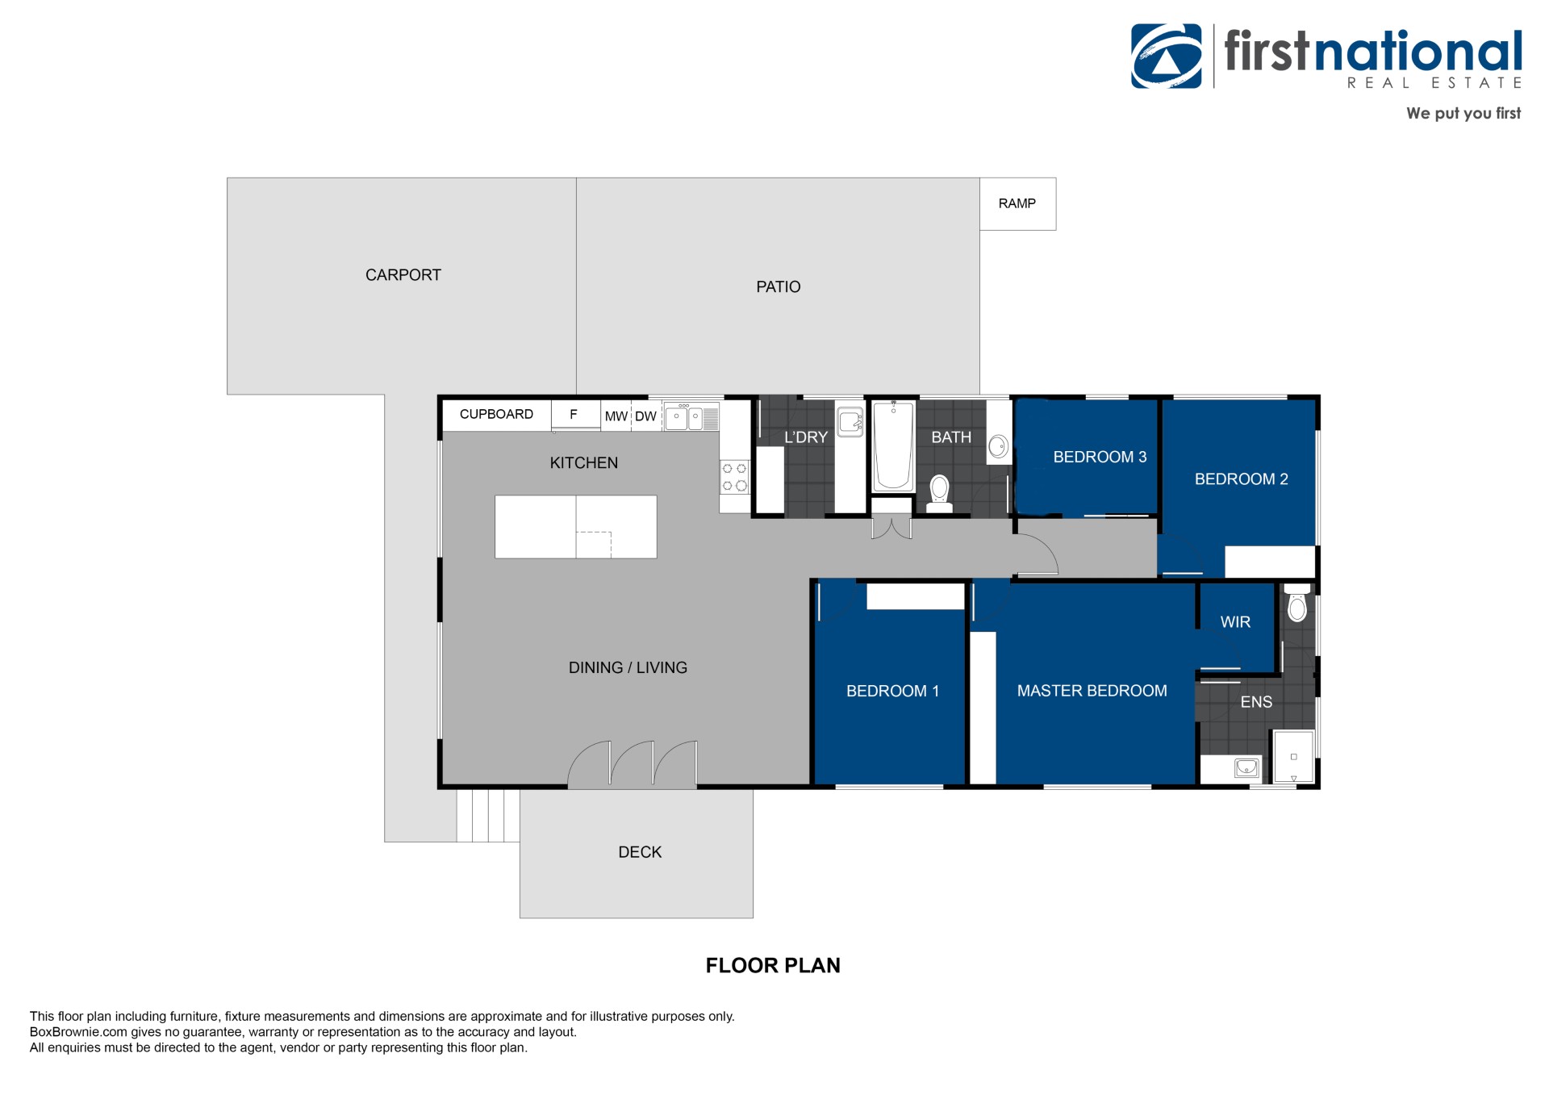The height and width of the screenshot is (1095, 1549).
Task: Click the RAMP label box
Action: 1017,204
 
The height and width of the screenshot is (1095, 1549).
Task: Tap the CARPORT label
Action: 403,275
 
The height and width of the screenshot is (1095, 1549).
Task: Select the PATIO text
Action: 779,287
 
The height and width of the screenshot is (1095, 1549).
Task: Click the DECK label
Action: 640,852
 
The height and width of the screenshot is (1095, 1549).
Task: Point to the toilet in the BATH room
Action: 939,494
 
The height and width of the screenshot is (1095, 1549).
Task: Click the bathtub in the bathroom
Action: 893,445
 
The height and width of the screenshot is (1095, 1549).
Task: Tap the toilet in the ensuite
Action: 1296,602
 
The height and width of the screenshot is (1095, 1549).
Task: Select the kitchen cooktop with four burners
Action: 734,476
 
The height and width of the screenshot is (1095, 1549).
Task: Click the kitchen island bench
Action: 575,527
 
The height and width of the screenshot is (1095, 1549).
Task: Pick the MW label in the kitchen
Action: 616,416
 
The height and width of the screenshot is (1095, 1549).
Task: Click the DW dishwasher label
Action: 645,416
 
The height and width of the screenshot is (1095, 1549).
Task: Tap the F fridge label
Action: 574,414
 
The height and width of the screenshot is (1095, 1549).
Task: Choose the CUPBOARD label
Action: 496,414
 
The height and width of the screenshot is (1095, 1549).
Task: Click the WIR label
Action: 1235,622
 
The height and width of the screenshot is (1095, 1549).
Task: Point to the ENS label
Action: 1256,702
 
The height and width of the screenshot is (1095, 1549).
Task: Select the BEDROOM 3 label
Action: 1100,458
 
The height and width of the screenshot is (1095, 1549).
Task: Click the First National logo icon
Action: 1167,56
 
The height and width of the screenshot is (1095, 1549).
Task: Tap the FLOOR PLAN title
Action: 773,965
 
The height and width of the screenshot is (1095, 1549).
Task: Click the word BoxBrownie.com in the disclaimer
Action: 78,1032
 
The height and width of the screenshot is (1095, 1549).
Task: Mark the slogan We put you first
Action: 1463,114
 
